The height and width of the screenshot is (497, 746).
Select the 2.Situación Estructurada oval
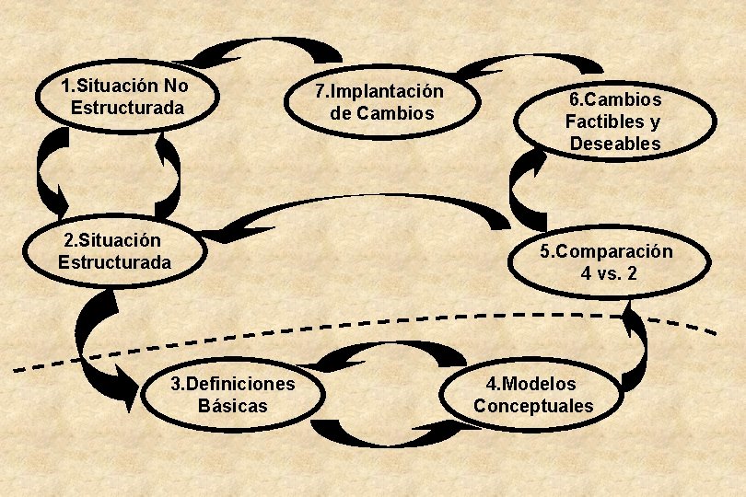[x=114, y=251]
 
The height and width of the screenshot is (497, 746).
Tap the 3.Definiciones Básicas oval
[x=233, y=395]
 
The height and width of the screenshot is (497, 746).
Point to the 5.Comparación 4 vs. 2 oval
[x=608, y=262]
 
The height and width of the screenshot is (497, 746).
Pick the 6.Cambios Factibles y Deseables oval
[x=614, y=121]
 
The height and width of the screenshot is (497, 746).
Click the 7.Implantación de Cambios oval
[x=379, y=102]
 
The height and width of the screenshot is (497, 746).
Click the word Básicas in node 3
[x=233, y=406]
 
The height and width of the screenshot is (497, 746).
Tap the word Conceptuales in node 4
[x=533, y=406]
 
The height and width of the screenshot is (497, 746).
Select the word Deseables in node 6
[x=614, y=144]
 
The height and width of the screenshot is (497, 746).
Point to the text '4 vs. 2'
[x=609, y=273]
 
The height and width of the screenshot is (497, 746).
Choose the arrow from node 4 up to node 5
[x=635, y=350]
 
